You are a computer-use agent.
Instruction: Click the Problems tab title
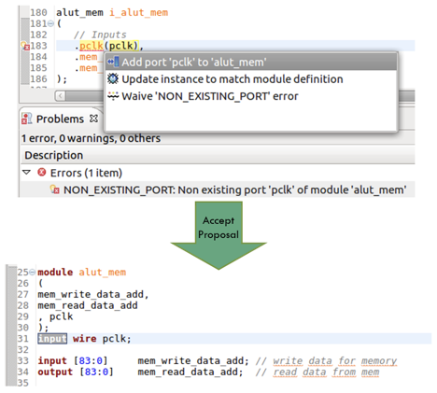point(60,119)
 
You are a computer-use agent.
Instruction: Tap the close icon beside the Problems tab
point(93,119)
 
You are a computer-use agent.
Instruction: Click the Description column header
point(54,155)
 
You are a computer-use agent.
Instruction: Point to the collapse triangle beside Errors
point(27,172)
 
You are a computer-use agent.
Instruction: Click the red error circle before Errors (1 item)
point(42,172)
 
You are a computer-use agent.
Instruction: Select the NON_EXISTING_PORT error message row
point(235,189)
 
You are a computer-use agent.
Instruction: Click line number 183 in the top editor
point(38,46)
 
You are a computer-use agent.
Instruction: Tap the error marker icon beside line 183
point(25,46)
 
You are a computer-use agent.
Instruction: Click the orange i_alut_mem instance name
point(139,12)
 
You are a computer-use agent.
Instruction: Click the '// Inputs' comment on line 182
point(100,35)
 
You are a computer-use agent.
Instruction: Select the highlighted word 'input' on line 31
point(52,338)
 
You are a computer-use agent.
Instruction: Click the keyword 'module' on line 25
point(55,272)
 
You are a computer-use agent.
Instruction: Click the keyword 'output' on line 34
point(55,372)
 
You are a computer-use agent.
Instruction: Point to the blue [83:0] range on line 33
point(91,360)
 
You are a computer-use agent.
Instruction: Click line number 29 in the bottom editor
point(23,316)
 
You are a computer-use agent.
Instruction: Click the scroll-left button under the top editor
point(61,96)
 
